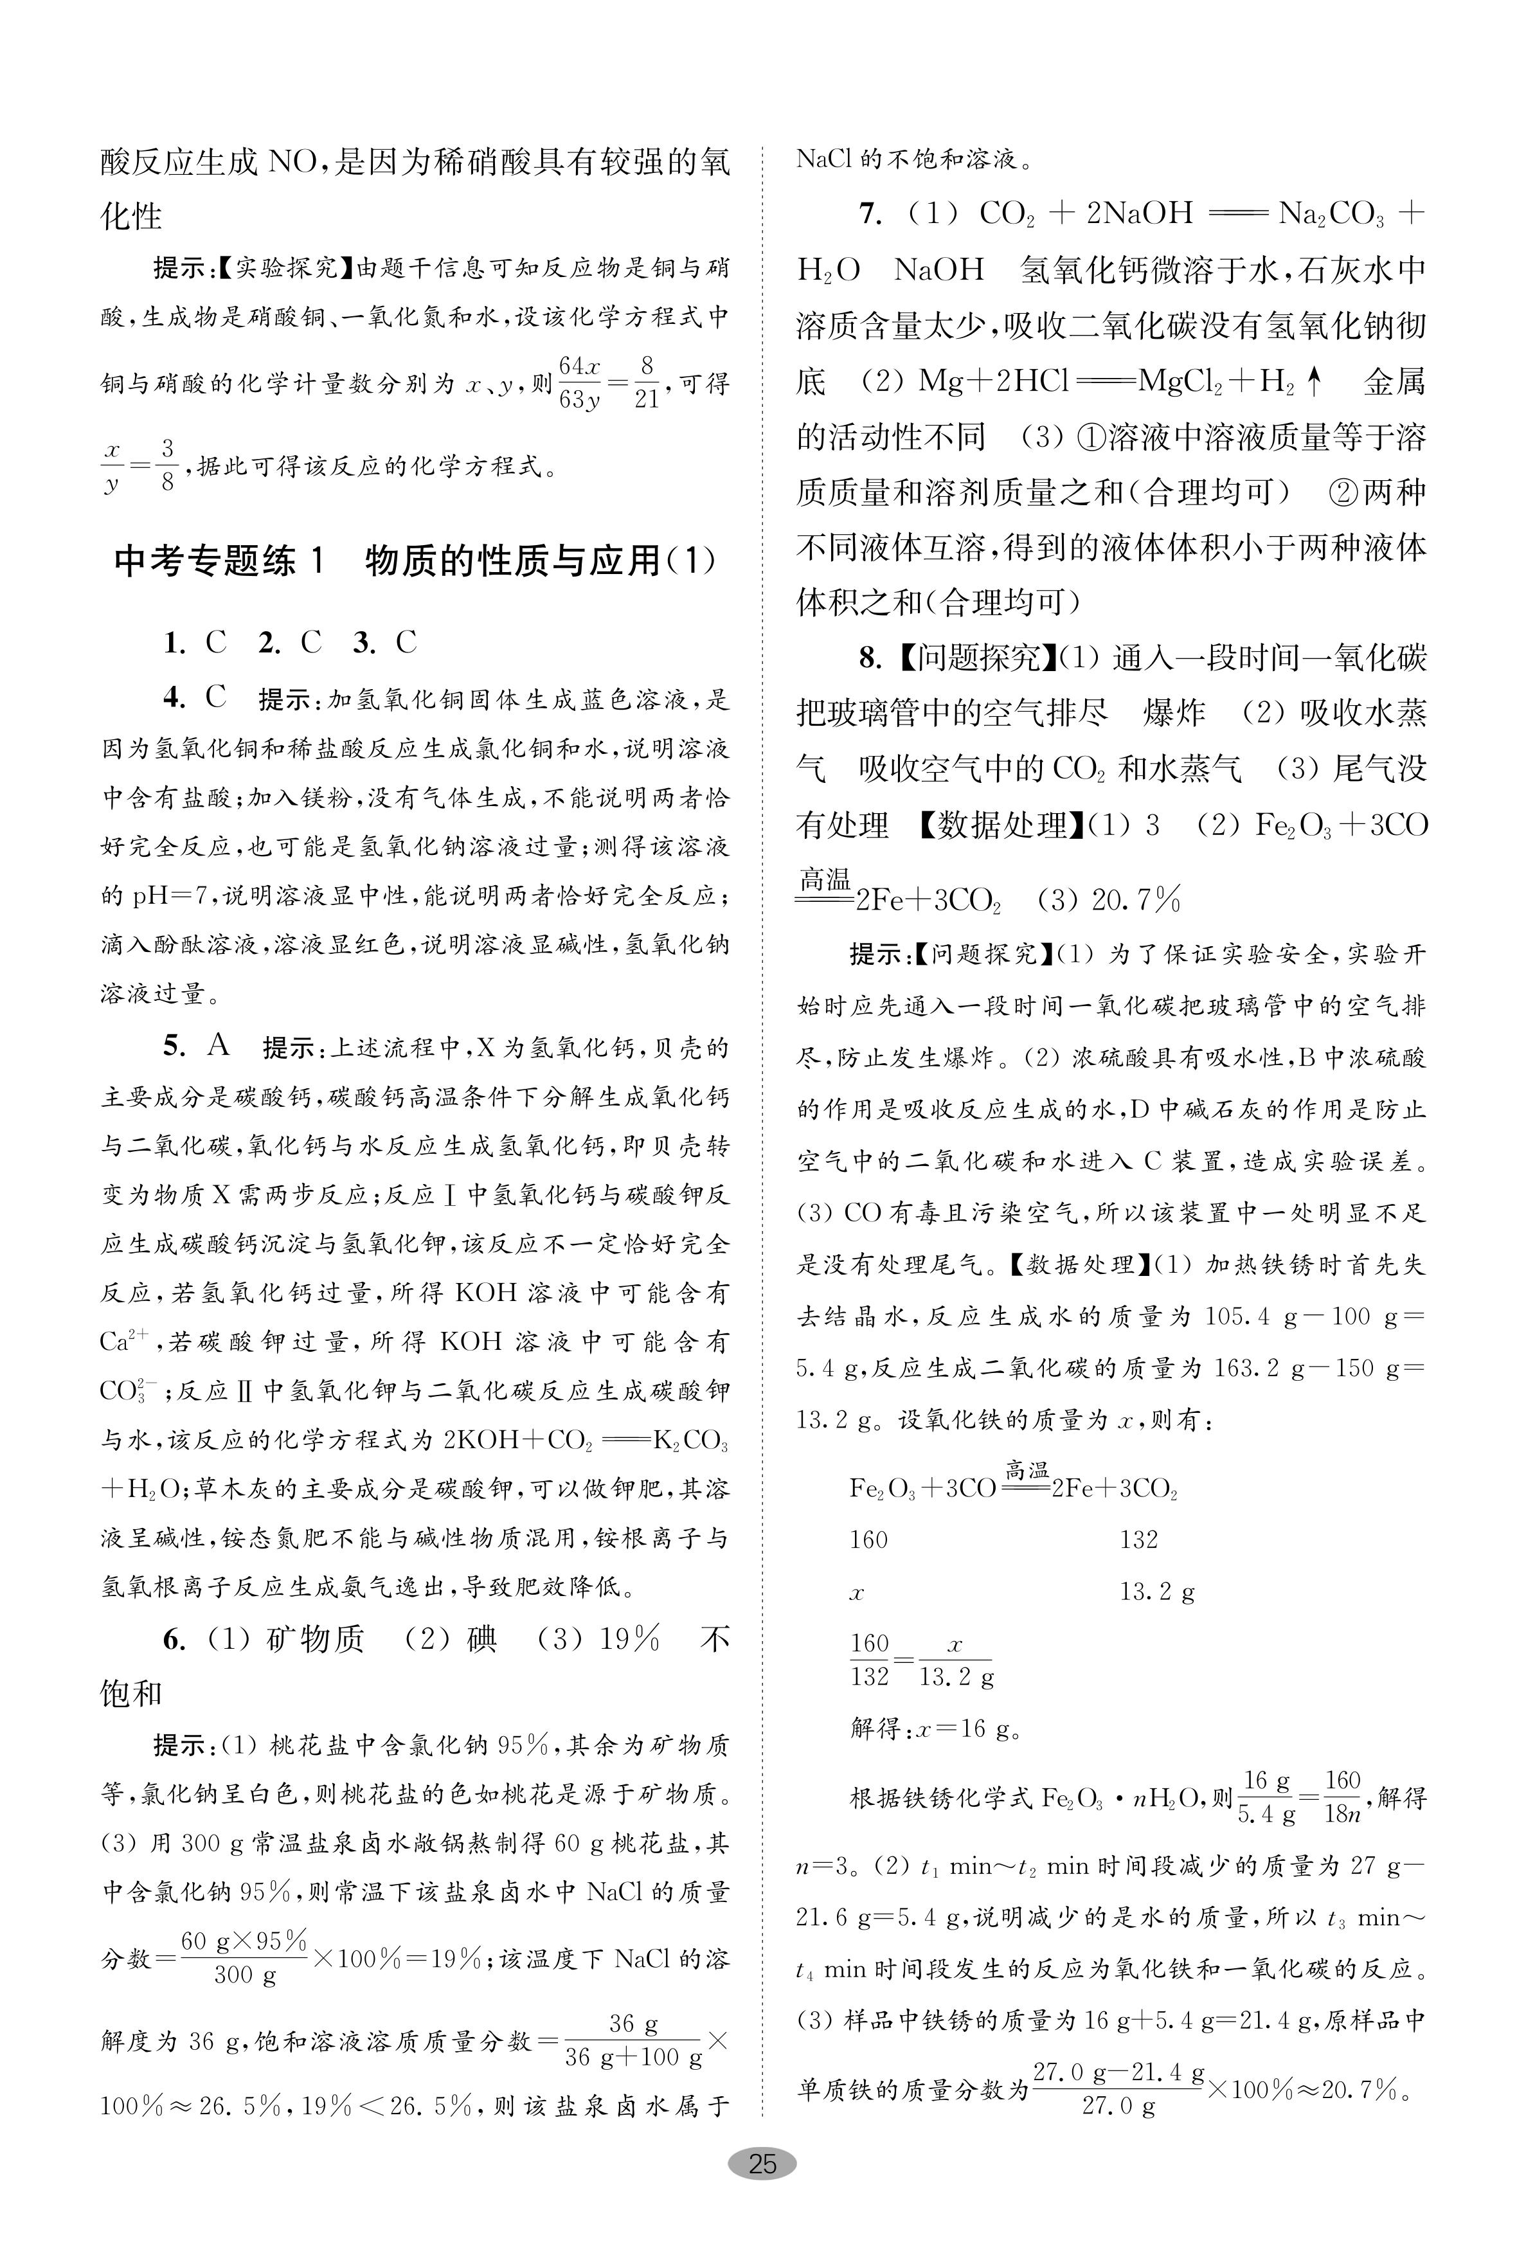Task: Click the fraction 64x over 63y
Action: coord(580,383)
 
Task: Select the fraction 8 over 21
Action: coord(646,383)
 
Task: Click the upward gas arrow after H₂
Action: coord(1314,383)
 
